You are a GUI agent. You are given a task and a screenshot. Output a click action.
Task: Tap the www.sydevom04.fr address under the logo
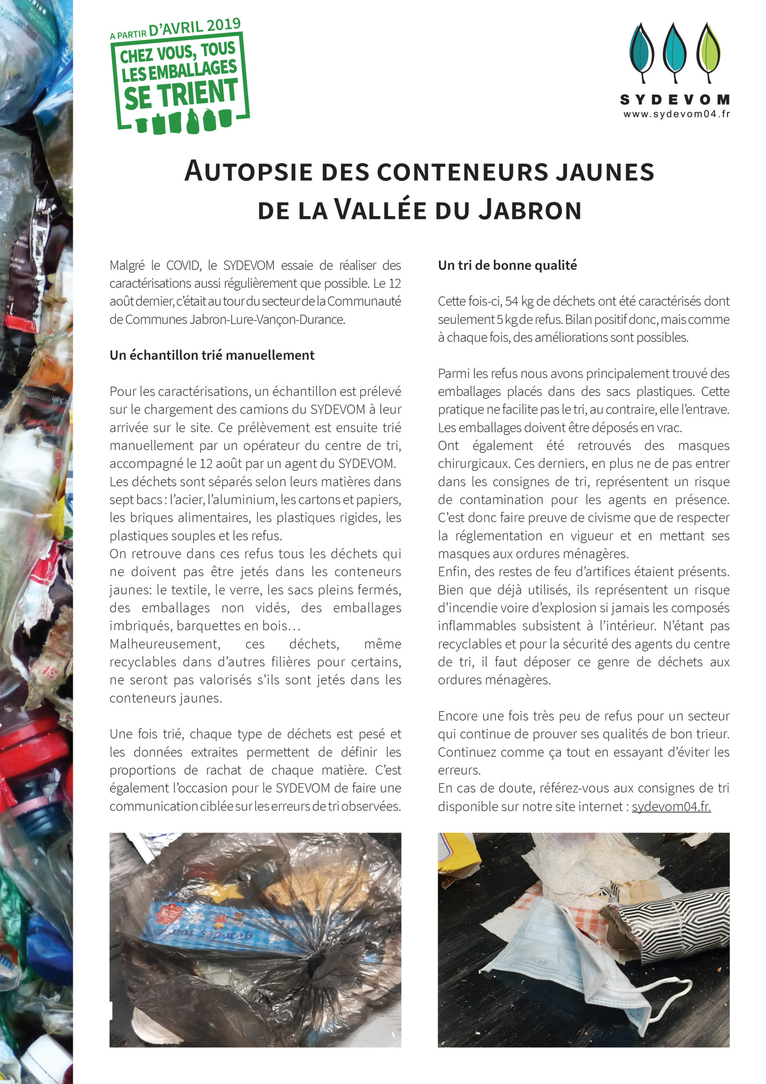click(676, 114)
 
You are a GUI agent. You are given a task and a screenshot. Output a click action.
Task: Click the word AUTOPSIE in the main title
click(248, 171)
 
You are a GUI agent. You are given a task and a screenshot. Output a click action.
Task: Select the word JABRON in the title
click(530, 210)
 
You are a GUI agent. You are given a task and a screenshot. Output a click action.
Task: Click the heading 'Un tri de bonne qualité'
click(507, 265)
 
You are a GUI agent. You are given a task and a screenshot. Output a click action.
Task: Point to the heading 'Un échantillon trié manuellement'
click(212, 355)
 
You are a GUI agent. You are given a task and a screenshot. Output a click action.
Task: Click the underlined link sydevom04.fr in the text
click(671, 806)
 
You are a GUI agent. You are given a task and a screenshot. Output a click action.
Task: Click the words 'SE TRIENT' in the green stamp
click(181, 94)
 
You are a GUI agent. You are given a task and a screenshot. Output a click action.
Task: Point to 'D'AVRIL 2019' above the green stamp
click(194, 27)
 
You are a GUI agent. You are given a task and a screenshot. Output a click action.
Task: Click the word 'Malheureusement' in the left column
click(165, 644)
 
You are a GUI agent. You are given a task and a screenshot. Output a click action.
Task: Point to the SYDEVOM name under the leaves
click(675, 100)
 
